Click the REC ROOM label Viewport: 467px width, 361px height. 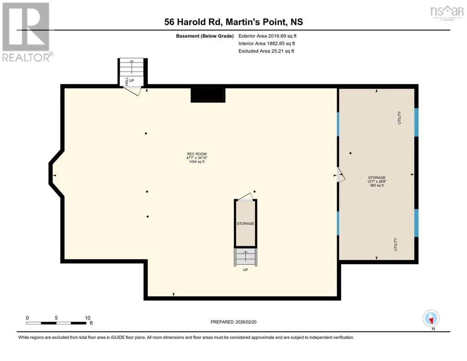196,154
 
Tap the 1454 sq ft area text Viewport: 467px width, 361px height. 196,162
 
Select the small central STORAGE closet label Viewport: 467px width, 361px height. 246,223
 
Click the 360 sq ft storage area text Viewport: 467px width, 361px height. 377,185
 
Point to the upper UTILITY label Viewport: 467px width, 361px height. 399,118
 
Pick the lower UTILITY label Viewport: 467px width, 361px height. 395,244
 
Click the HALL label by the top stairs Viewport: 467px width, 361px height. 127,81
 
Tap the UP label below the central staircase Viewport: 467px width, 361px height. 246,270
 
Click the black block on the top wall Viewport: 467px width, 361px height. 208,95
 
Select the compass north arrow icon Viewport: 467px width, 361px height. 431,319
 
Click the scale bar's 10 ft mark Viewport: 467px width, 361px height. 87,318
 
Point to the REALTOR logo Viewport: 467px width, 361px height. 27,32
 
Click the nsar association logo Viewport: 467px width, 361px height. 447,12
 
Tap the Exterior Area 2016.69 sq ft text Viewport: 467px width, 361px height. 267,36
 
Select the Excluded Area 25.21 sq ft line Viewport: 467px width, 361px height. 266,51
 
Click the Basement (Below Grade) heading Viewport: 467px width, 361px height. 205,36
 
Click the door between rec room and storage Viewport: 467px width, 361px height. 340,175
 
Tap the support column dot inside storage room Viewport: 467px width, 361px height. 350,153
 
